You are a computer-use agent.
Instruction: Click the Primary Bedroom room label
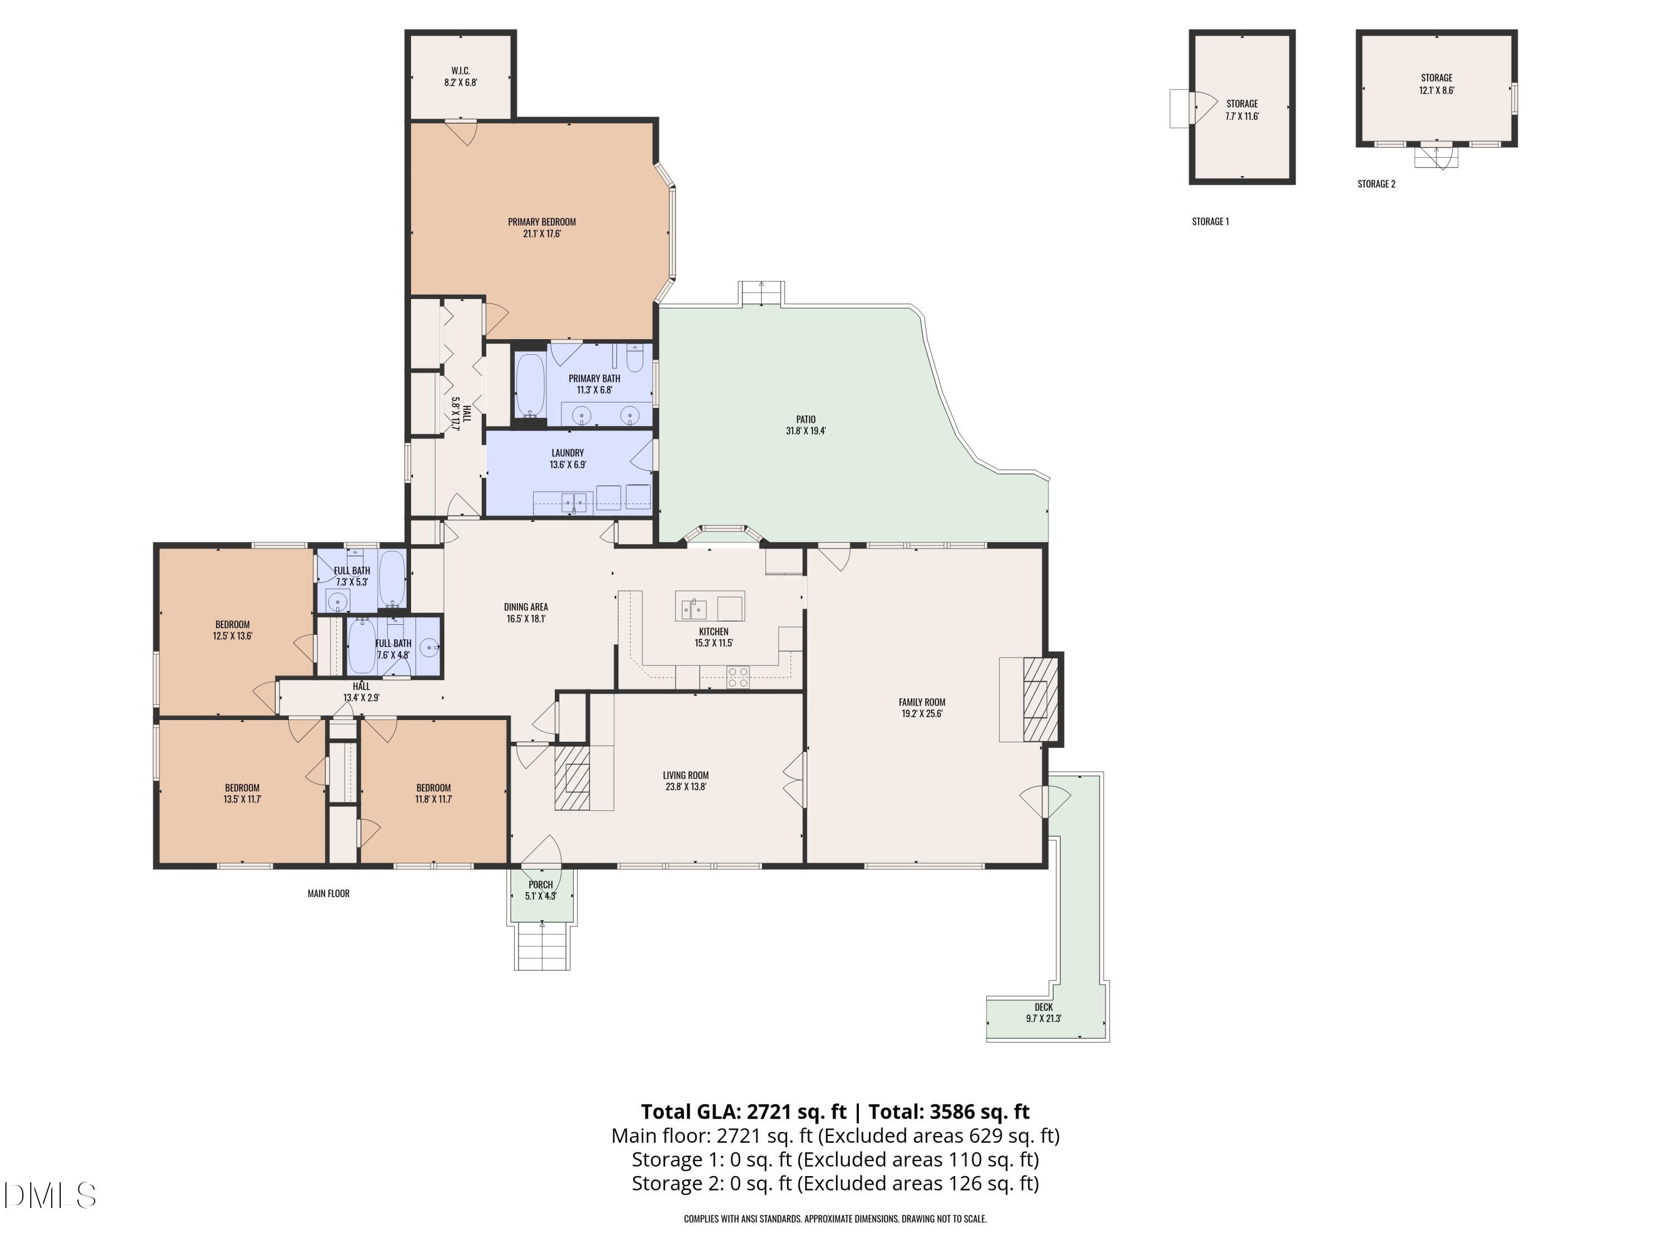[541, 222]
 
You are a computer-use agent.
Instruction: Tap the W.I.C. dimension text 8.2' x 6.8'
[461, 83]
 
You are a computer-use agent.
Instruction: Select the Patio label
[806, 419]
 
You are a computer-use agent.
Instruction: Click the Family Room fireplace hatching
[1040, 699]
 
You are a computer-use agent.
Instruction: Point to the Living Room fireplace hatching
[573, 778]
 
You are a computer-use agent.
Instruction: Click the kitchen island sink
[694, 608]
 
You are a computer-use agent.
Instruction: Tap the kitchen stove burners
[738, 677]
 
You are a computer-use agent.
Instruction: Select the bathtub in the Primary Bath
[530, 386]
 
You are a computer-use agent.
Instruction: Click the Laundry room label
[568, 453]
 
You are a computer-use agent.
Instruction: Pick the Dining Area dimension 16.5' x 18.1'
[526, 619]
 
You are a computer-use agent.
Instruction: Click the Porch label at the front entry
[541, 884]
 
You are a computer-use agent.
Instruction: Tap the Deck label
[1044, 1007]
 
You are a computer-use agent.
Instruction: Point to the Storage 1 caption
[1210, 221]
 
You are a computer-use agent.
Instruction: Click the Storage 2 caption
[1376, 184]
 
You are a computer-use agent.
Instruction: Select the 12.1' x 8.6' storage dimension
[1437, 90]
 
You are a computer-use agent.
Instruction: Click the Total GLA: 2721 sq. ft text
[744, 1112]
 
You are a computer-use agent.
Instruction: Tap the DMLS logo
[50, 1196]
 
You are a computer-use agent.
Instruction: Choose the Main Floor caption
[329, 893]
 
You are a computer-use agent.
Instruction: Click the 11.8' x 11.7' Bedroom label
[433, 793]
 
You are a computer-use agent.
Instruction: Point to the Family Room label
[922, 702]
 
